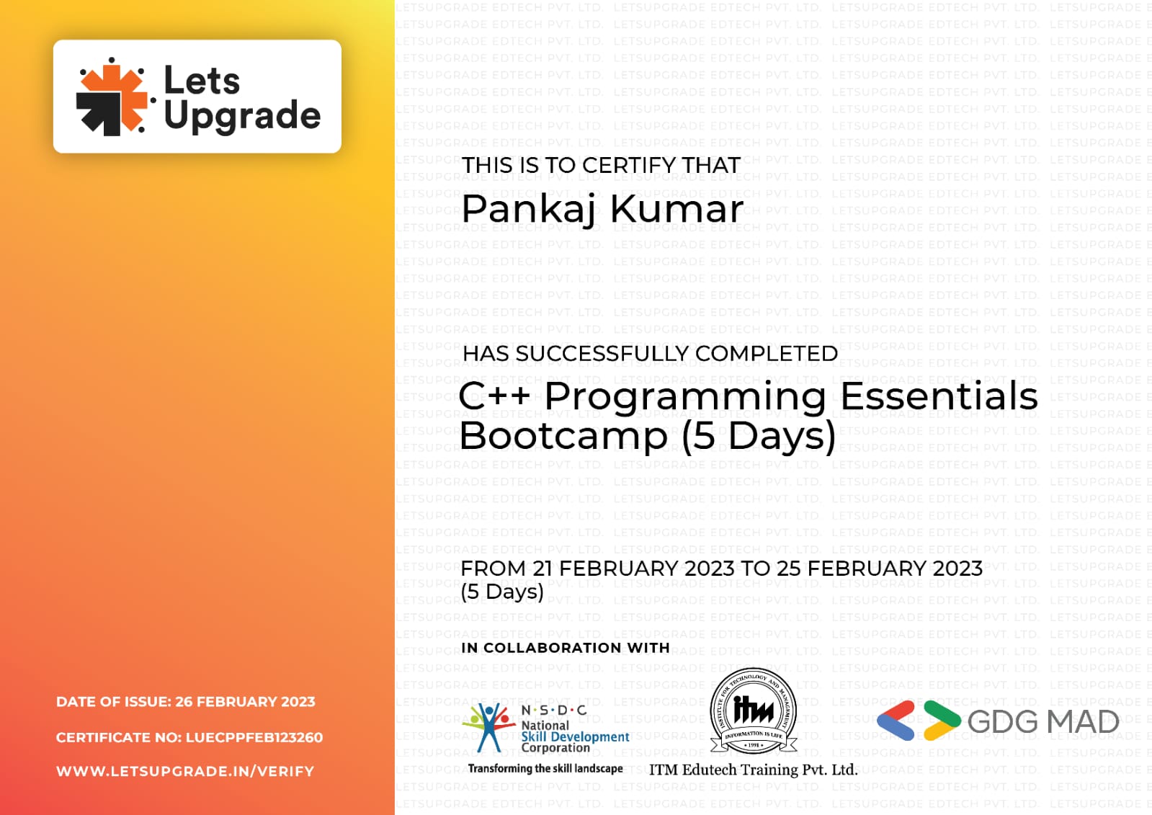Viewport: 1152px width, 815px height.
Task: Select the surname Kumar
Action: point(677,210)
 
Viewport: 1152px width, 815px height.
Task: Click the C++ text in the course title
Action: point(494,396)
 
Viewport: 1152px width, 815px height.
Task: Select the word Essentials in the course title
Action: point(939,396)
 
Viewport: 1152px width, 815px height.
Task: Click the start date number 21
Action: point(542,569)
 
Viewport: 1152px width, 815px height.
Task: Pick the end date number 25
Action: point(788,569)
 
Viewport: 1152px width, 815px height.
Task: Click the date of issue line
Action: point(185,702)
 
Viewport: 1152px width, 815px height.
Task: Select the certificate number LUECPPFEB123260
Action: point(254,738)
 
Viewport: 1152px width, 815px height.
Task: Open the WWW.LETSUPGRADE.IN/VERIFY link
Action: point(185,772)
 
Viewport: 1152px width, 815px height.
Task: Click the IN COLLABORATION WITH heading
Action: point(565,648)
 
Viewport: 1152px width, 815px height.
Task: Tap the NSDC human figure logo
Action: point(488,727)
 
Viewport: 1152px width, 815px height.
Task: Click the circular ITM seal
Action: point(753,712)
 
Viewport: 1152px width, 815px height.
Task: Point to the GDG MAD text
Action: point(1042,722)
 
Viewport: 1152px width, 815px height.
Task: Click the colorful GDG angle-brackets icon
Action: point(919,721)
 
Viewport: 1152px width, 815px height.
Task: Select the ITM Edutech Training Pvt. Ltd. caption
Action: point(753,770)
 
